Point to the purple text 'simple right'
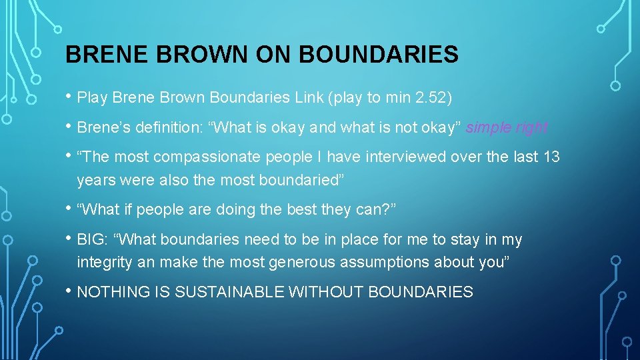coord(507,127)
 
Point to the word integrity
coord(105,262)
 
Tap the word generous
coord(304,262)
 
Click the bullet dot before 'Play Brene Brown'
coord(69,97)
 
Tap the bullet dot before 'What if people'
coord(69,208)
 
